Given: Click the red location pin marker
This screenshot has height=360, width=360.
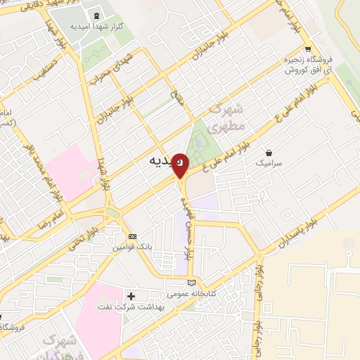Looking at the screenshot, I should [x=181, y=166].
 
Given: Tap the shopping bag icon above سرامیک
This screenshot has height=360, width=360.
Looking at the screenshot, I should [x=269, y=151].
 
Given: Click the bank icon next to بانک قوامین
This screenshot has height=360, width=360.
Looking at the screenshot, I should [x=131, y=236].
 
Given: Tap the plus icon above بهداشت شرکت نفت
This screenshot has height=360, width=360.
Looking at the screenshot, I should [x=131, y=295].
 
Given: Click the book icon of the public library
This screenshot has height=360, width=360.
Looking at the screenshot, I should [x=192, y=282].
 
